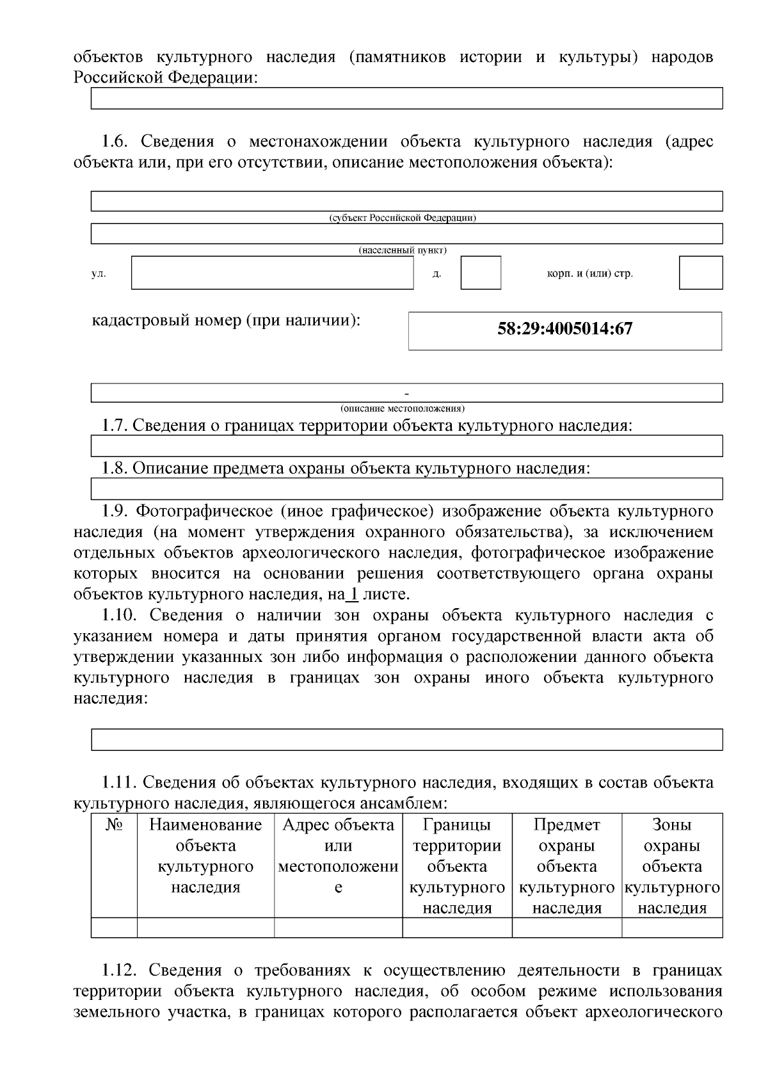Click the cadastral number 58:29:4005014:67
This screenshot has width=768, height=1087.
coord(564,329)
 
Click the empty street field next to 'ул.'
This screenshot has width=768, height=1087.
coord(272,273)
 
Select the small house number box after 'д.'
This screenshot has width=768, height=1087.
coord(481,273)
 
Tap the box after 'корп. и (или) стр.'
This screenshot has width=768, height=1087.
coord(700,273)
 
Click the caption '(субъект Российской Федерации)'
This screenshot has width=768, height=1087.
coord(403,218)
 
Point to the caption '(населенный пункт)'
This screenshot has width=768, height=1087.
coord(403,250)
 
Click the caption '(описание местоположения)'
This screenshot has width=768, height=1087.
coord(403,408)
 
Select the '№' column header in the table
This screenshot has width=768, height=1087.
coord(114,825)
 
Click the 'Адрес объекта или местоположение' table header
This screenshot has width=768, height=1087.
coord(338,856)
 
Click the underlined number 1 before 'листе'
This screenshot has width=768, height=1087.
coord(352,594)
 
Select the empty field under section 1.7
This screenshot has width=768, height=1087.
coord(406,446)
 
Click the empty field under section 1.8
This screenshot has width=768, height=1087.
coord(406,488)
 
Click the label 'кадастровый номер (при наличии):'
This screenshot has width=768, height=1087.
coord(227,319)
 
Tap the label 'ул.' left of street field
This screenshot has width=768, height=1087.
coord(99,274)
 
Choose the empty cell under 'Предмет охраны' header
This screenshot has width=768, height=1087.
coord(566,928)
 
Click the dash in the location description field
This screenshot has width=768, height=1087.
coord(406,392)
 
